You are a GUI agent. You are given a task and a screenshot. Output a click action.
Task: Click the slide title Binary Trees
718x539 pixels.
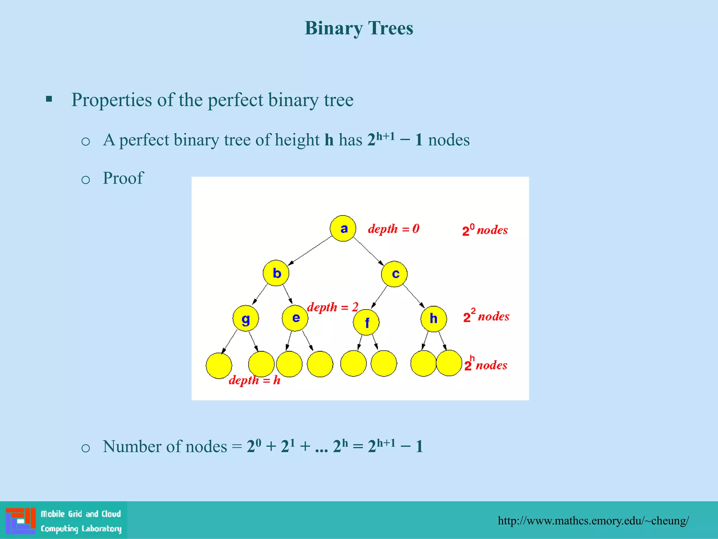tap(359, 28)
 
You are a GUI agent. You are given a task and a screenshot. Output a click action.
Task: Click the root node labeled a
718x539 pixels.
tap(343, 228)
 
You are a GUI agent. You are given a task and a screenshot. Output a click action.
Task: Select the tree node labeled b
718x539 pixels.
tap(276, 273)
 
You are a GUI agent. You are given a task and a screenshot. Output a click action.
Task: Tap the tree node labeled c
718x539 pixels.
tap(394, 274)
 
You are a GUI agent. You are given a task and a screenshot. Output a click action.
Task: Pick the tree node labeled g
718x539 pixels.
tap(246, 318)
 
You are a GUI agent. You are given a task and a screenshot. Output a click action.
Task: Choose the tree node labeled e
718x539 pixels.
tap(295, 318)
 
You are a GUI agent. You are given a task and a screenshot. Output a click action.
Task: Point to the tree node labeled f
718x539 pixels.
tap(366, 322)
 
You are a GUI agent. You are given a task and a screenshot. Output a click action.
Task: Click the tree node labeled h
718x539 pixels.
tap(434, 319)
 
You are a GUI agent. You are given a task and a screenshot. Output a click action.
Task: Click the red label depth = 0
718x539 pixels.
tap(393, 229)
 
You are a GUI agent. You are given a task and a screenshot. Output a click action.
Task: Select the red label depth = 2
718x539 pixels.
tap(332, 307)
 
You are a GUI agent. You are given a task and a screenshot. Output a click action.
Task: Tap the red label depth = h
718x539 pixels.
tap(255, 380)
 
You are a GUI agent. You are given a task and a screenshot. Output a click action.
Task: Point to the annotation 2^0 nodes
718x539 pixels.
tap(485, 230)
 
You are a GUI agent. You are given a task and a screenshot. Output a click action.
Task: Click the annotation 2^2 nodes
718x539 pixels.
tap(486, 316)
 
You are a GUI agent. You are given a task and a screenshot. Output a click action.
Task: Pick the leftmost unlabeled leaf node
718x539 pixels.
tap(219, 366)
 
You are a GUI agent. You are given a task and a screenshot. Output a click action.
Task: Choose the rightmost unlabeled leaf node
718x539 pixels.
tap(449, 363)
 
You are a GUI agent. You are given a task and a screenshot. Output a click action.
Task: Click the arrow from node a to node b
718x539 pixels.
tap(310, 251)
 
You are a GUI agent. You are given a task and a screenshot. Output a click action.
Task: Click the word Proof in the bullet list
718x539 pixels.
tap(123, 178)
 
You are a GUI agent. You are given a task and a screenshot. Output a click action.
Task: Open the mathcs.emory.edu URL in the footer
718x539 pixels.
tap(593, 520)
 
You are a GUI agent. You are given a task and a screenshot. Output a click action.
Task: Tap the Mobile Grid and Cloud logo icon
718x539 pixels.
tap(21, 521)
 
